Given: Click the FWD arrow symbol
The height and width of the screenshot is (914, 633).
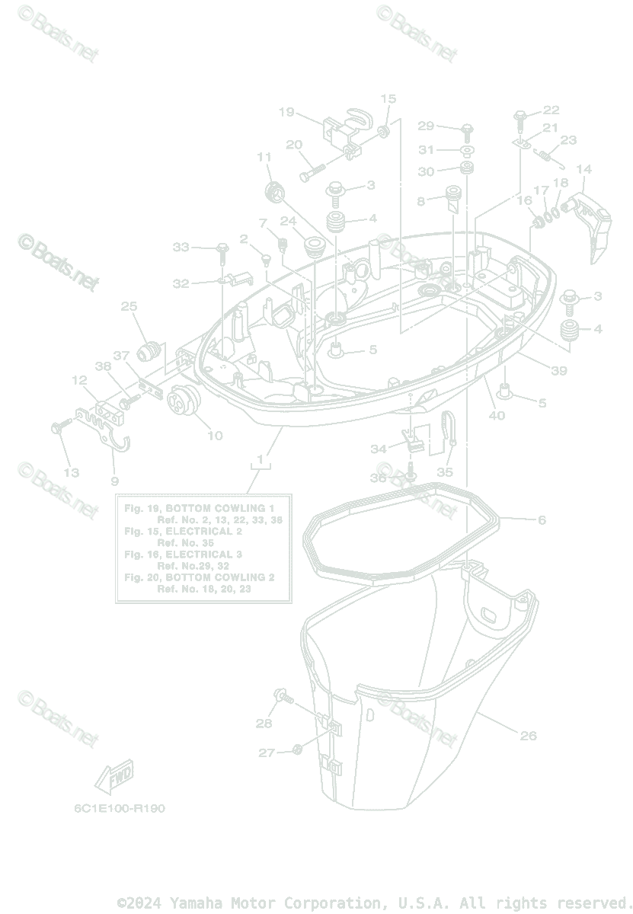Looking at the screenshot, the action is pyautogui.click(x=113, y=777).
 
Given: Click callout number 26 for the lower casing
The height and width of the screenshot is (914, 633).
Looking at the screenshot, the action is pyautogui.click(x=528, y=736).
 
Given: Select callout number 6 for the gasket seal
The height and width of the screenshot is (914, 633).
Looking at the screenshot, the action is pyautogui.click(x=542, y=520).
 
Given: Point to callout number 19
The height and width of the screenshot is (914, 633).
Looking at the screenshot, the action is pyautogui.click(x=286, y=113).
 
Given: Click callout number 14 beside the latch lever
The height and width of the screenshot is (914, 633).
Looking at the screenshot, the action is pyautogui.click(x=583, y=169).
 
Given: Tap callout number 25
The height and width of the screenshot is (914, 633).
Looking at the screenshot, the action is pyautogui.click(x=129, y=307).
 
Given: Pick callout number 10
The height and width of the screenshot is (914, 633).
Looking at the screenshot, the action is pyautogui.click(x=215, y=436).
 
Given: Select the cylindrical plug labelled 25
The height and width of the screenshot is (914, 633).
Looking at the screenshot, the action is pyautogui.click(x=149, y=351).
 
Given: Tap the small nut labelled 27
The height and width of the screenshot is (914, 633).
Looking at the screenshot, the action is pyautogui.click(x=298, y=751).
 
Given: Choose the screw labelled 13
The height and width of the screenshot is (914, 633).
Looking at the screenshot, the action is pyautogui.click(x=57, y=428).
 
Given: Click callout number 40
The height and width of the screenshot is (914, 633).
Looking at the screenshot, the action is pyautogui.click(x=497, y=415).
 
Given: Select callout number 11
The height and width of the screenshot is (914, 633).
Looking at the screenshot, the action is pyautogui.click(x=264, y=158).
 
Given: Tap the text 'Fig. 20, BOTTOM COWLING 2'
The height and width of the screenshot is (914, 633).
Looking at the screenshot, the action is pyautogui.click(x=199, y=577).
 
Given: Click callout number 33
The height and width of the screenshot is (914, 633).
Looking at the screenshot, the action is pyautogui.click(x=181, y=247).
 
